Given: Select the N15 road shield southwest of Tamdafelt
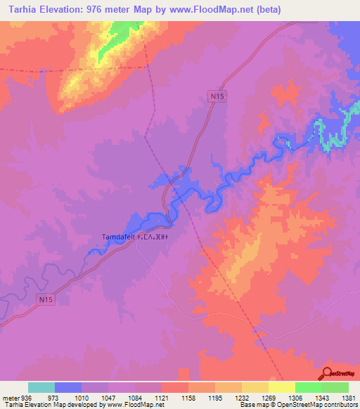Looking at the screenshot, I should point(46,300).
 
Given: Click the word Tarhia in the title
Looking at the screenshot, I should point(18,9).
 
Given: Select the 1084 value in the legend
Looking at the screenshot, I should point(135,398).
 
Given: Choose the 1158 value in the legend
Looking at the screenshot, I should point(188,398).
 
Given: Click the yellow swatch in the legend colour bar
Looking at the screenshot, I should point(281,387).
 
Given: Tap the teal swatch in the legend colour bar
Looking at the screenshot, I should point(41,387).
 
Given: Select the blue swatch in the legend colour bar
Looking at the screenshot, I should point(68,387).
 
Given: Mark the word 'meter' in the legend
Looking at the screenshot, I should point(10,398).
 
